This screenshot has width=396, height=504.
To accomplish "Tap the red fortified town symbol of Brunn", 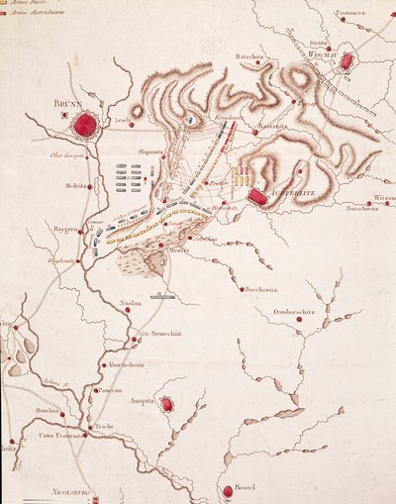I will pos(87,125).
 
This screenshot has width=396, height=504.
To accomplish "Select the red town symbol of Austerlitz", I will pos(257,197).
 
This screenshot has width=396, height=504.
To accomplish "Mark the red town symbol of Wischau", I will pos(346,61).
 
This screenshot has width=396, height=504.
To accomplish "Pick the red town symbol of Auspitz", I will pos(168,404).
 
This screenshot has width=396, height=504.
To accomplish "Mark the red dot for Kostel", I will pos(228,490).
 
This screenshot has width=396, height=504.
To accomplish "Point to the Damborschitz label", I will pos(296,312).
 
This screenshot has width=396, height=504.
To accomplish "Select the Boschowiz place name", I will pos(262,290).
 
